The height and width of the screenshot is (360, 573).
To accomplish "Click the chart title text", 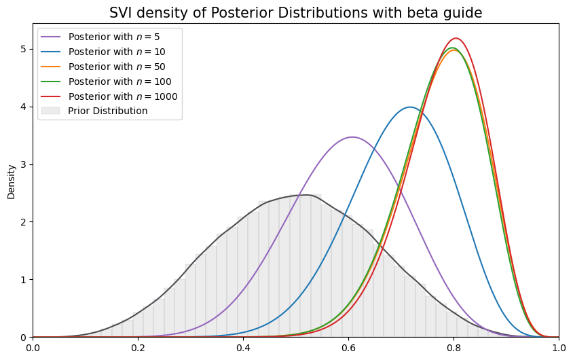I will click(295, 12).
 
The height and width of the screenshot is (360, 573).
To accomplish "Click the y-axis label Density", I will click(11, 181).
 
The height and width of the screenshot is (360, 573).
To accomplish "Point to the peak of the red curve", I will click(456, 38).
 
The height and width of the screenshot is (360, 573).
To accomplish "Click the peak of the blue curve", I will click(410, 107).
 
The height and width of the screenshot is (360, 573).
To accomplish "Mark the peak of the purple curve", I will click(352, 137).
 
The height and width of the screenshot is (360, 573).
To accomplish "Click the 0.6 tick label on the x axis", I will click(348, 348).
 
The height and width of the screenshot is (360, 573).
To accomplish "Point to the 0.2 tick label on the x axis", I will click(138, 348).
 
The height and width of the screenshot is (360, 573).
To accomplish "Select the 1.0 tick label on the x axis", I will click(558, 348).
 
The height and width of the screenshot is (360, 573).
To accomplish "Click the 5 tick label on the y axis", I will click(24, 49).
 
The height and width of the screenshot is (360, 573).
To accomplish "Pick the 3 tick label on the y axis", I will click(24, 164).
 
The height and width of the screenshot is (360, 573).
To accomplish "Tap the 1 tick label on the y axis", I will click(24, 280).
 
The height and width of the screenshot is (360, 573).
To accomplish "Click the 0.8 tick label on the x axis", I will click(454, 348).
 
